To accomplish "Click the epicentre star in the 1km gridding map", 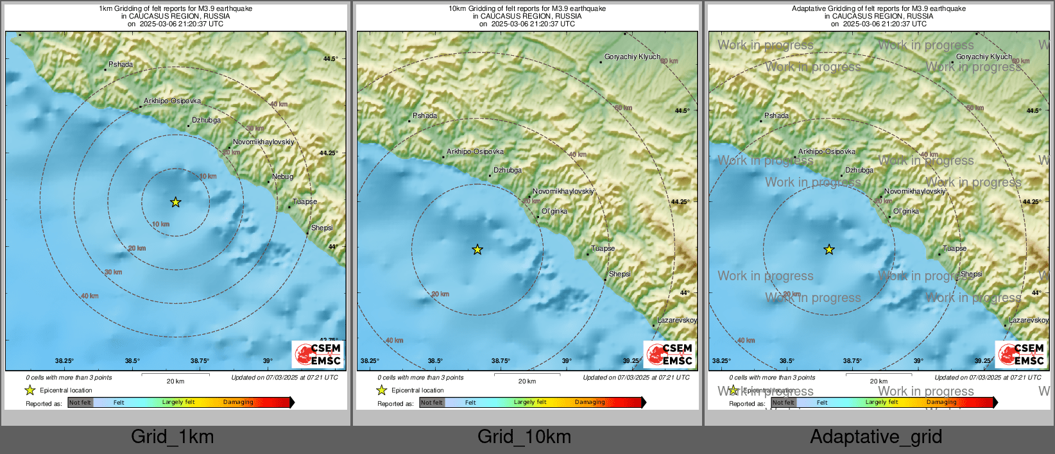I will [176, 203].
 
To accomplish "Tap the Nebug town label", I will [282, 177].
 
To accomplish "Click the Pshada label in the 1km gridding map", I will [121, 64].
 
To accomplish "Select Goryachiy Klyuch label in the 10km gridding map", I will [632, 56].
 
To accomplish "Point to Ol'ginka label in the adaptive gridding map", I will [905, 211].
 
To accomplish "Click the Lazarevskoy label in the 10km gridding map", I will [676, 320].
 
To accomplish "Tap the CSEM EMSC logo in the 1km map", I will [318, 354].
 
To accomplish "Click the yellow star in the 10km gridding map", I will [477, 249].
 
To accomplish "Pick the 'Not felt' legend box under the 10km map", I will [432, 403].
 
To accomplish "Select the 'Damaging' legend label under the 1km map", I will [238, 402].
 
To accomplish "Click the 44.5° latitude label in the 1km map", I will [330, 58].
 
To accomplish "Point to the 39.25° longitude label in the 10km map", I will [631, 361].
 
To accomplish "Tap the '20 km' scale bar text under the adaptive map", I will [879, 381].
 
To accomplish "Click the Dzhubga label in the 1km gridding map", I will [206, 120].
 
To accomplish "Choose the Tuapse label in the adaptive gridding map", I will [954, 248].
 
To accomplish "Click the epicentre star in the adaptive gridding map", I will [829, 249].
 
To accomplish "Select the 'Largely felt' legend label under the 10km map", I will [530, 402].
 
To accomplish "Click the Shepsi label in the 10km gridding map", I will [619, 274].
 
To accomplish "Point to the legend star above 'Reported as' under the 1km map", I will [30, 390].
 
